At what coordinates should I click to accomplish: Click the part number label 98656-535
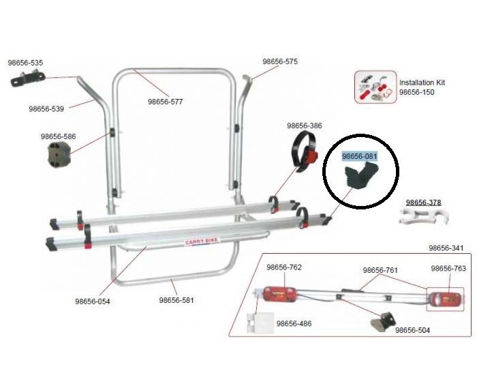point(25,63)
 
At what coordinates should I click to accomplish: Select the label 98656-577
point(166,102)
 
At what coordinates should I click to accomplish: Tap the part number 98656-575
point(280,61)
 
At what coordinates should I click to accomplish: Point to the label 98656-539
point(46,108)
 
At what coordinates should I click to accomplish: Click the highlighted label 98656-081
point(359,156)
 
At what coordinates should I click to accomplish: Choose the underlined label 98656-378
point(423,202)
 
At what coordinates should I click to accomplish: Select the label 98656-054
point(93,301)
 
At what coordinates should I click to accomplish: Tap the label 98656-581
point(176,300)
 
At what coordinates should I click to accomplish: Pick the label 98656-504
point(412,330)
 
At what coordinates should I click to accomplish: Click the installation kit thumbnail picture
point(375,87)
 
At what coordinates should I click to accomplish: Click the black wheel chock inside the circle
point(358,181)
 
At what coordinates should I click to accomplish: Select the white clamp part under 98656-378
point(422,219)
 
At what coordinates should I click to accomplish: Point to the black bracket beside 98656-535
point(25,80)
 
